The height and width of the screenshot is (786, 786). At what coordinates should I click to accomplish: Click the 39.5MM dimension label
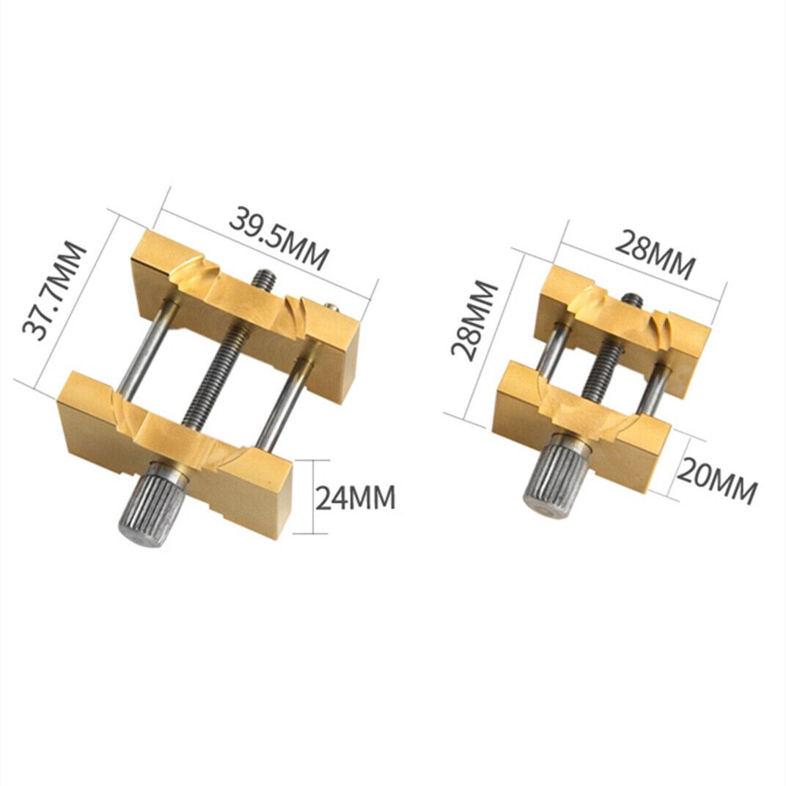click(279, 238)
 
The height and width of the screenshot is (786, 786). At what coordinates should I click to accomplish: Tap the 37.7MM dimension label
click(55, 290)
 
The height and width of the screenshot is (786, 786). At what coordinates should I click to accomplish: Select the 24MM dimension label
click(356, 499)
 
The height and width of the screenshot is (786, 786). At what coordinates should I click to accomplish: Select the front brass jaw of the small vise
click(587, 425)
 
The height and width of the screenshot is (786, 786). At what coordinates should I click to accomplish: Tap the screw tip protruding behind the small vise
click(632, 300)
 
